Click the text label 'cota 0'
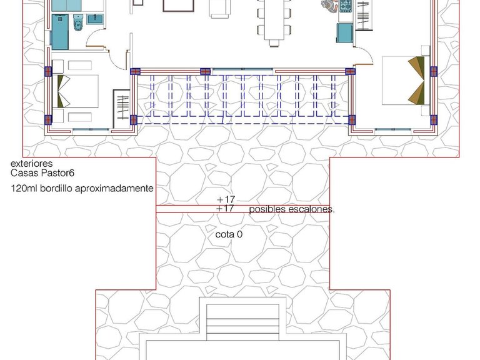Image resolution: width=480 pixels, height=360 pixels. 229,234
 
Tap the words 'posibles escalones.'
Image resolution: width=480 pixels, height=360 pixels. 292,209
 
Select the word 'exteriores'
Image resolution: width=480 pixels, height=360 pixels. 31,163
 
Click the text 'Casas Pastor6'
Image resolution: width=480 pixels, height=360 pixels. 42,173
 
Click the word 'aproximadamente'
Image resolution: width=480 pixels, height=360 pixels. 114,188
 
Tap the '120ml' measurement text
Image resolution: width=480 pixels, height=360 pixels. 24,188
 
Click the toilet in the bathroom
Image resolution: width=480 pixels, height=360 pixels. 78,22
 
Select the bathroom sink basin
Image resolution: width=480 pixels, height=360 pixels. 95,19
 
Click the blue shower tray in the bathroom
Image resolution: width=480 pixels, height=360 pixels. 60,31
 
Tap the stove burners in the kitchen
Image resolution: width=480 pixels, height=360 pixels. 345,6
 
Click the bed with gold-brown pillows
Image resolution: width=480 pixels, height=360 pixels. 404,81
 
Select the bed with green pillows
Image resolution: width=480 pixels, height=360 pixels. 75,91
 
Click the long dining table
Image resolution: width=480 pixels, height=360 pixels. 274,20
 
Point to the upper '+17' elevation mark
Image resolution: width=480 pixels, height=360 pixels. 226,200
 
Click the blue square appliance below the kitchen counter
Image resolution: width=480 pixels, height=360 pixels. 345,32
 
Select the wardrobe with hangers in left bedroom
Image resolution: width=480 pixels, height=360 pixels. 121,109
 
